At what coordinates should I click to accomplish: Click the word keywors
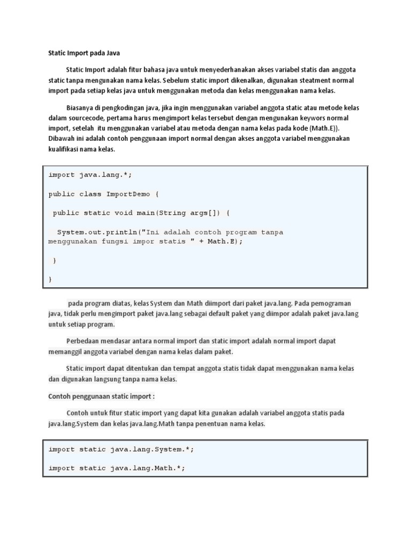311,117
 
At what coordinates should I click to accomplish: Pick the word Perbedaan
84,341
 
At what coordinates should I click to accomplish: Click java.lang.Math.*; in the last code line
148,468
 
